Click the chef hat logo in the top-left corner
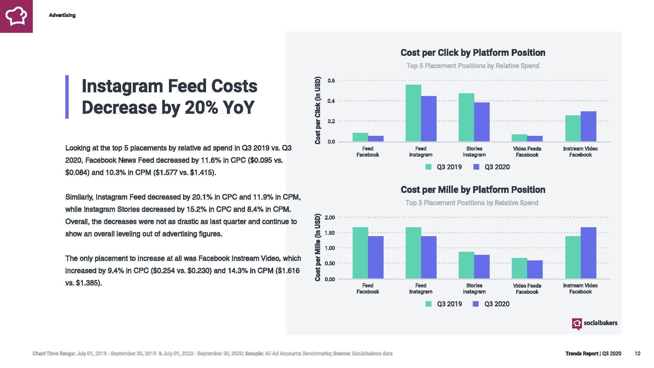click(16, 16)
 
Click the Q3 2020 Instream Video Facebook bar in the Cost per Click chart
click(588, 126)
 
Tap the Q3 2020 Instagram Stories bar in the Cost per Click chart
click(482, 122)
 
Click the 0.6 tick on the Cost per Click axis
click(331, 81)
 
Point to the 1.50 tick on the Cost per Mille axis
click(330, 233)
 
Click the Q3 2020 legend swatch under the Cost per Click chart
click(476, 167)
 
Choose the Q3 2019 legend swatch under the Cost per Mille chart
click(428, 304)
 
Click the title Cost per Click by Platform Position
click(473, 53)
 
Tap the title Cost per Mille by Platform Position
click(473, 190)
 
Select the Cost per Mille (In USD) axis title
click(318, 247)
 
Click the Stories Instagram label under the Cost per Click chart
click(474, 151)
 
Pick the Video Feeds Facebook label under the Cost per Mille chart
click(527, 289)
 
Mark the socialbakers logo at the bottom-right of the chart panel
click(595, 323)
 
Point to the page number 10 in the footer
click(637, 354)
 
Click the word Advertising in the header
click(62, 15)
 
